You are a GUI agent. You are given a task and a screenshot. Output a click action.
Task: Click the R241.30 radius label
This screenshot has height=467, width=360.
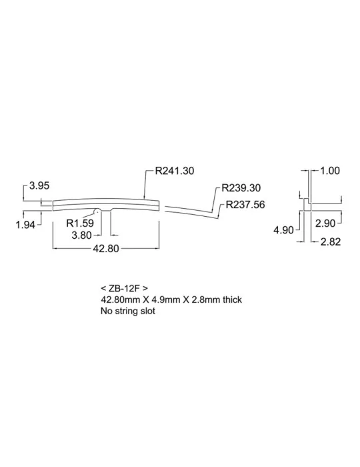[175, 171]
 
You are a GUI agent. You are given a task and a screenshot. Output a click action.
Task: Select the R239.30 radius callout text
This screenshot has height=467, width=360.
[241, 188]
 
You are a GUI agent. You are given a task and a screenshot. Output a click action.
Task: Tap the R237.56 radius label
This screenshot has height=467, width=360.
[245, 205]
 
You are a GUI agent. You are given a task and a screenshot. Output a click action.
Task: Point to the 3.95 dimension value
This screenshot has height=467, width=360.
[39, 185]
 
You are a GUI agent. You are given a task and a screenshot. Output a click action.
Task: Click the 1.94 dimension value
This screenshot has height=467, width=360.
[25, 225]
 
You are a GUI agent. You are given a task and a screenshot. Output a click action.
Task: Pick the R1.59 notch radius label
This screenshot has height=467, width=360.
[80, 223]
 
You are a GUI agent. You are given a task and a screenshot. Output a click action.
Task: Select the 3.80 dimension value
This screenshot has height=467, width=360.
[82, 236]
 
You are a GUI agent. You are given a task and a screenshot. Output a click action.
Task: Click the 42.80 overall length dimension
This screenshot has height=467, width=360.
[106, 248]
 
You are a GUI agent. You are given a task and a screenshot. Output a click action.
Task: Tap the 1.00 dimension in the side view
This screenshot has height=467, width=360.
[330, 171]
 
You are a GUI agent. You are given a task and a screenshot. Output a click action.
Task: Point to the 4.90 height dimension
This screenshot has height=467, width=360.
[283, 230]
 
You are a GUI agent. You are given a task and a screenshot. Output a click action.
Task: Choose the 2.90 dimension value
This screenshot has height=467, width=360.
[325, 223]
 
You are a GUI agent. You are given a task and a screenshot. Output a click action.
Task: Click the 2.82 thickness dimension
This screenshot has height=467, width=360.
[331, 242]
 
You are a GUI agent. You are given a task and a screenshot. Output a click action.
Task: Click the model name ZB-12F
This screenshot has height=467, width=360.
[124, 288]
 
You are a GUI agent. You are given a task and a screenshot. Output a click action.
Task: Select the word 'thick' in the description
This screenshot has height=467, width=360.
[233, 300]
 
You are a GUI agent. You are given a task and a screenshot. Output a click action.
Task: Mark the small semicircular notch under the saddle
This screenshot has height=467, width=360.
[97, 211]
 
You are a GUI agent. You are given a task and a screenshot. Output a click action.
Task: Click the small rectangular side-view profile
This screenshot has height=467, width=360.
[307, 205]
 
